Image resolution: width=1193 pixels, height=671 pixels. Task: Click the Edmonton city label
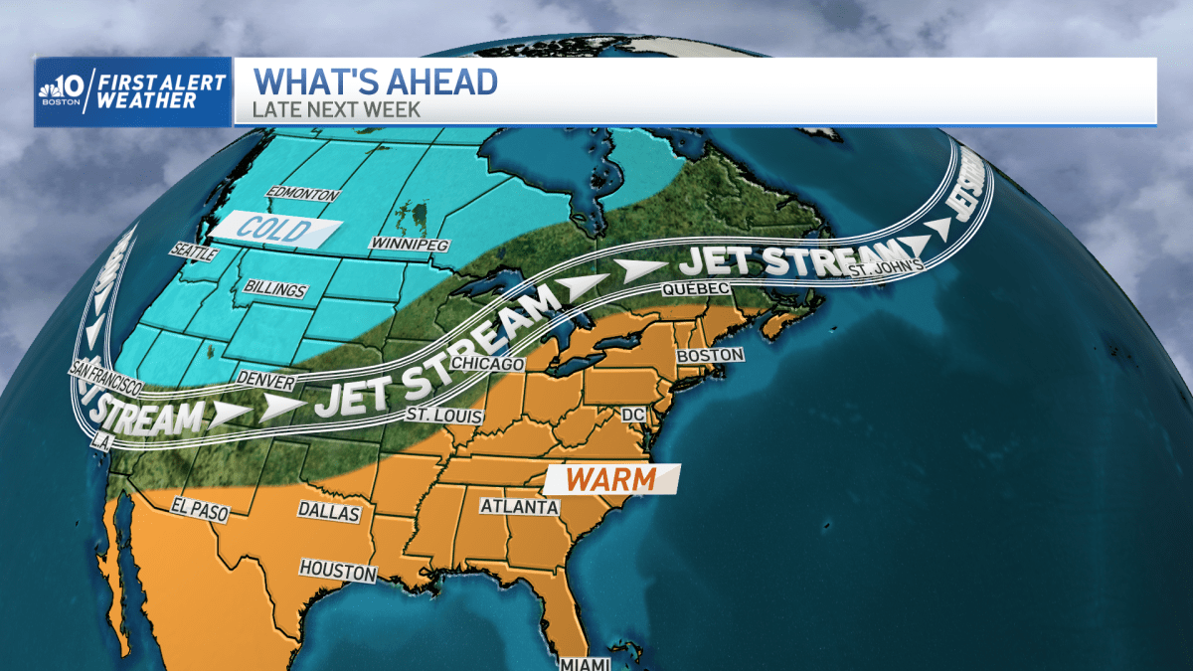tap(303, 195)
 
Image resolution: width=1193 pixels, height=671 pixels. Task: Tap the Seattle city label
tap(195, 253)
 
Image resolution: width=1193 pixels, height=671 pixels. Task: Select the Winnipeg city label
tap(410, 244)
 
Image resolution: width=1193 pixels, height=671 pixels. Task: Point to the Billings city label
tap(275, 290)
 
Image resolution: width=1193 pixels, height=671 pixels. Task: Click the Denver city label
tap(266, 379)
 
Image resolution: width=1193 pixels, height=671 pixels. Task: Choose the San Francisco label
tap(105, 376)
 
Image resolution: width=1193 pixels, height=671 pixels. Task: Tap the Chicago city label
tap(487, 364)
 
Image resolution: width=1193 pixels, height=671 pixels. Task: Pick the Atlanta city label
tap(519, 507)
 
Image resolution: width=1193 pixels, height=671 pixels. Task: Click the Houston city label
tap(338, 573)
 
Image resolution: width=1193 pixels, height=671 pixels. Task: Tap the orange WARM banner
tap(611, 479)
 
